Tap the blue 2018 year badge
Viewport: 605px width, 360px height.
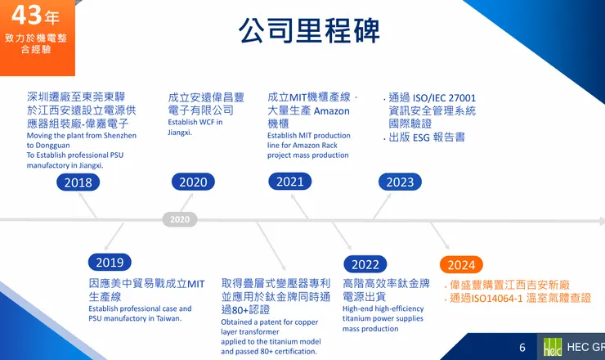coord(78,182)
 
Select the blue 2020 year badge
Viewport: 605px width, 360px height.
coord(193,182)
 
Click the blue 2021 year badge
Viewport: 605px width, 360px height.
coord(289,182)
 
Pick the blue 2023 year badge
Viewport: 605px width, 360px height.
coord(400,182)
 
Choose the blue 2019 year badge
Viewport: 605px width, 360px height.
coord(110,262)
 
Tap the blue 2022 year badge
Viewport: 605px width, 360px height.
coord(365,264)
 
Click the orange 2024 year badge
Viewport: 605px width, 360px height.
coord(461,264)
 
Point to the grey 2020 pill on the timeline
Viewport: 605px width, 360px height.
coord(180,219)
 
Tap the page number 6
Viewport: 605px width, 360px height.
coord(522,348)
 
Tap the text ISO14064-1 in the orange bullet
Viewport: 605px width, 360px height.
coord(509,299)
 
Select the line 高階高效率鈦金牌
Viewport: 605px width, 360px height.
coord(386,283)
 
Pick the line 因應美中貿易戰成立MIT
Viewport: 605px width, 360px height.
coord(146,283)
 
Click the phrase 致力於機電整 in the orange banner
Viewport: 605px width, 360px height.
coord(36,38)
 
